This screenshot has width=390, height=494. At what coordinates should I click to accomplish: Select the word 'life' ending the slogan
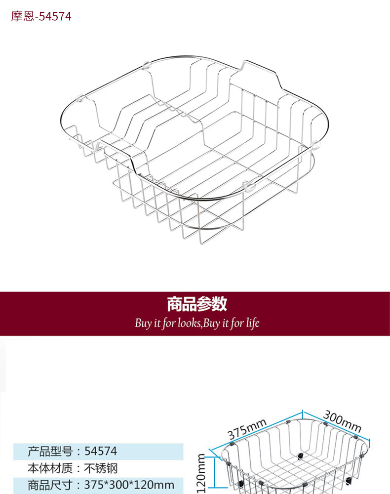[x=251, y=324]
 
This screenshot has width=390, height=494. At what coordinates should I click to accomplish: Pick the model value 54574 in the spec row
[x=101, y=451]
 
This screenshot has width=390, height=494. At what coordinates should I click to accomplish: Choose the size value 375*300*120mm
[x=129, y=485]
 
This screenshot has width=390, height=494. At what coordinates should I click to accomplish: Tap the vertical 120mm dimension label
[x=201, y=473]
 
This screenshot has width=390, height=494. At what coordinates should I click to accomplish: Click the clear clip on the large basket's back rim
[x=146, y=64]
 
